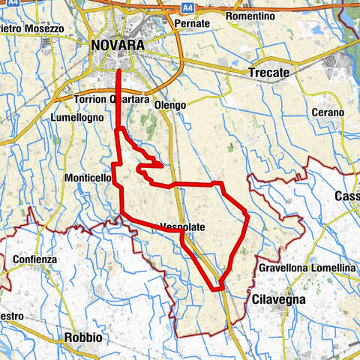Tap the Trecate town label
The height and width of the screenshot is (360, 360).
[x=268, y=73]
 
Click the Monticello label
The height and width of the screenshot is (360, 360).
[x=91, y=178]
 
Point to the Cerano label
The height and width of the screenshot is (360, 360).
[x=329, y=112]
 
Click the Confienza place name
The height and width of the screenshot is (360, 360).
[x=34, y=259]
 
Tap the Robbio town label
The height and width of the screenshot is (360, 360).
[x=82, y=337]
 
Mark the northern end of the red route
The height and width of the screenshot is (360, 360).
[x=120, y=70]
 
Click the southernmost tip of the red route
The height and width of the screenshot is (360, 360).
[x=217, y=289]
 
